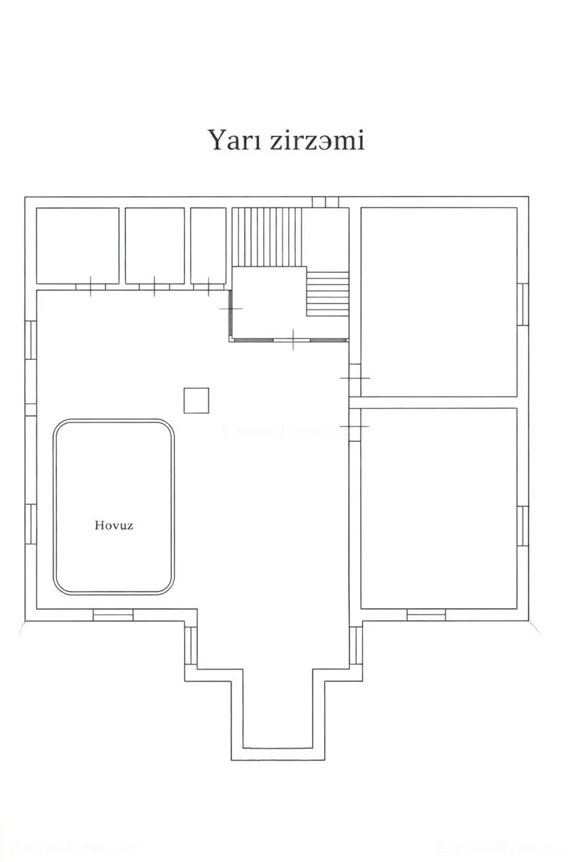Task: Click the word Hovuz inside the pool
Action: pos(114,525)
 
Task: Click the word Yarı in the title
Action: pos(231,140)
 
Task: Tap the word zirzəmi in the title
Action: pos(317,140)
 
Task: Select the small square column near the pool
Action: pos(196,400)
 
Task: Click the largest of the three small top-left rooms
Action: pos(78,246)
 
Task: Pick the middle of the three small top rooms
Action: pos(155,246)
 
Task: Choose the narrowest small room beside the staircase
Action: pos(208,246)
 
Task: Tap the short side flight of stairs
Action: pos(328,294)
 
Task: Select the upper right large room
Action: pos(438,302)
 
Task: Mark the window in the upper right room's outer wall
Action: pos(523,304)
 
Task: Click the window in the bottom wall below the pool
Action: pos(113,615)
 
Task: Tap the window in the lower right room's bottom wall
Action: pos(426,615)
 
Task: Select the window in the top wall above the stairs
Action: pos(326,202)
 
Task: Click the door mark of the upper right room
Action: pos(354,378)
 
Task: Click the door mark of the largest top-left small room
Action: pos(91,286)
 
